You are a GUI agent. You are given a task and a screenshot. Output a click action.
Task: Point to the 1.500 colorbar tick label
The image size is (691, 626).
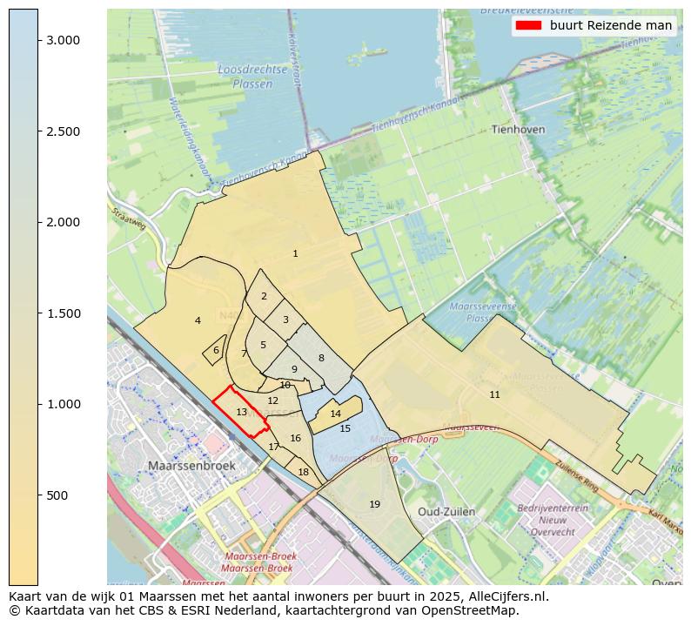(64, 313)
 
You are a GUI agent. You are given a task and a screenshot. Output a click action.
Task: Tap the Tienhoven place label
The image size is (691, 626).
(518, 130)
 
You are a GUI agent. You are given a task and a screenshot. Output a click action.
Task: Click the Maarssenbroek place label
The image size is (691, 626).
(191, 466)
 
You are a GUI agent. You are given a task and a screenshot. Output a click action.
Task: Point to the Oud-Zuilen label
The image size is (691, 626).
(446, 511)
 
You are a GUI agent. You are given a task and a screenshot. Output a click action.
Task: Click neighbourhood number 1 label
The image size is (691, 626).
(295, 254)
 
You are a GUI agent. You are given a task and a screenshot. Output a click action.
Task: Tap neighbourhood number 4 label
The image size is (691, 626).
(198, 321)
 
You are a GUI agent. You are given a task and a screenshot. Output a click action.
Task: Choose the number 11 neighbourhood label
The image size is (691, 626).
(494, 395)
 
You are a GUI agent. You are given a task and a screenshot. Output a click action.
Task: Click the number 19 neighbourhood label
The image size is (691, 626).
(374, 504)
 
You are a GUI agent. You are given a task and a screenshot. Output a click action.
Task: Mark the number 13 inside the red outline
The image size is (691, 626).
(242, 412)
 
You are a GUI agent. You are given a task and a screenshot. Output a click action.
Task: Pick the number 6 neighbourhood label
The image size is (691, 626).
(216, 351)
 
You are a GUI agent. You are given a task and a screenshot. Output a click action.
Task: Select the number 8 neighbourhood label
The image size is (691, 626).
(320, 359)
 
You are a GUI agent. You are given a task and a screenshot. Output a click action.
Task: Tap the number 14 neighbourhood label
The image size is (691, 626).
(335, 414)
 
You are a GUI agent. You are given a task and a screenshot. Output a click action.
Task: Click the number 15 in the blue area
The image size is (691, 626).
(345, 428)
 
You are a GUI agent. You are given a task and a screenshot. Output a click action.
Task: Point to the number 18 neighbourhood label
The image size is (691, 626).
(303, 473)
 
